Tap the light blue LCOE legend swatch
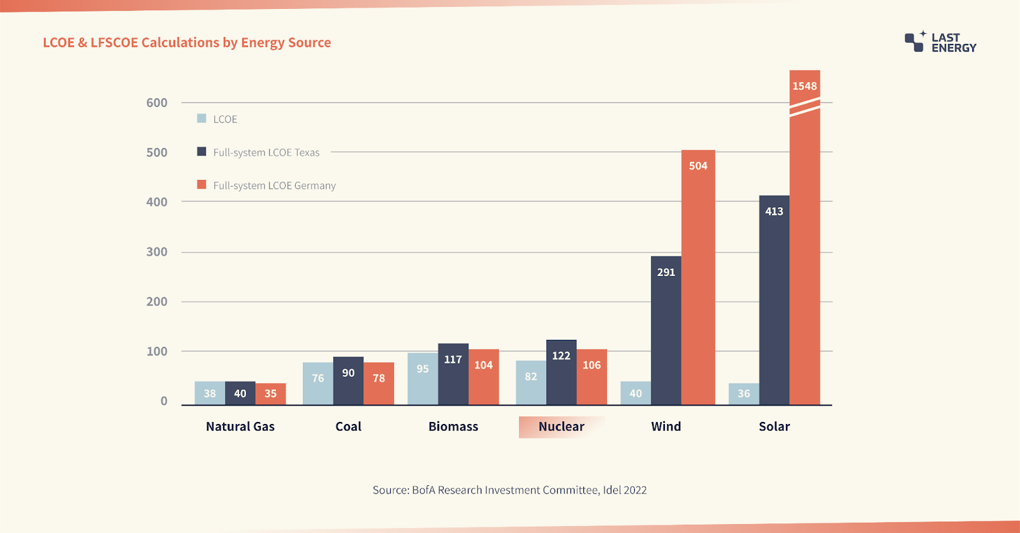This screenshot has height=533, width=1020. (x=201, y=119)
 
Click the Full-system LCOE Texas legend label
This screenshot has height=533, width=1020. (x=266, y=152)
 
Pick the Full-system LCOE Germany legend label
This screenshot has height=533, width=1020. (x=275, y=186)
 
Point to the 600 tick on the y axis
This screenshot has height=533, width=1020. (x=157, y=103)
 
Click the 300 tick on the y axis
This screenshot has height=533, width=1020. (x=157, y=251)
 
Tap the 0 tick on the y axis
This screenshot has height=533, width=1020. (x=164, y=401)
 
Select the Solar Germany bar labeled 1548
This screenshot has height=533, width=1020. (x=805, y=237)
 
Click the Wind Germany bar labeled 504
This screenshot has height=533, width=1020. (x=698, y=277)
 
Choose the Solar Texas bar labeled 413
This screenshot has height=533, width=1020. (x=774, y=300)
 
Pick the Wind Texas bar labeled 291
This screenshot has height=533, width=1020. (x=666, y=330)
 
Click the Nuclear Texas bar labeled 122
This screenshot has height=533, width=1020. (x=562, y=372)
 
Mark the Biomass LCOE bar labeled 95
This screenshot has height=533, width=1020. (x=423, y=379)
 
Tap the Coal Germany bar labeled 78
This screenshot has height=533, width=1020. (x=379, y=384)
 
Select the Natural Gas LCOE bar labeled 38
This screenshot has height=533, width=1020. (x=210, y=393)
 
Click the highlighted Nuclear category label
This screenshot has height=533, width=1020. (x=562, y=427)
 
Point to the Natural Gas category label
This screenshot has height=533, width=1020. (x=240, y=427)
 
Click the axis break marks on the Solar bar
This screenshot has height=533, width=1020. (x=805, y=107)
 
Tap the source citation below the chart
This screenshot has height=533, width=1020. (x=509, y=490)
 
